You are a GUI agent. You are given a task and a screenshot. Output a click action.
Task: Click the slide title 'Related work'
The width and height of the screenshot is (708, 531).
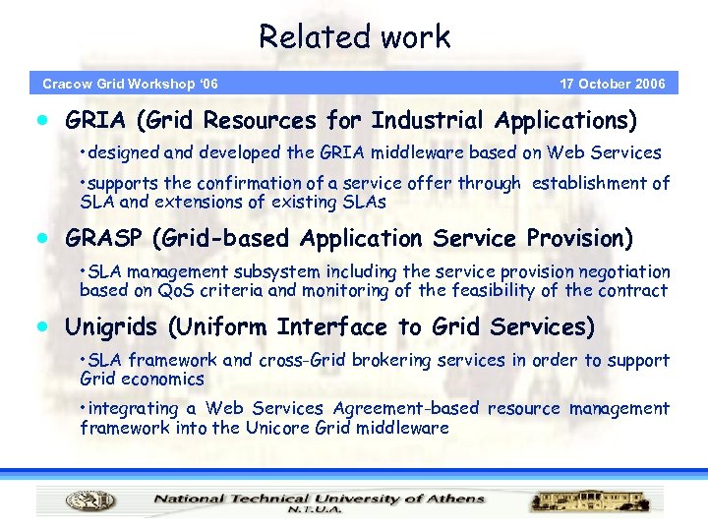(354, 37)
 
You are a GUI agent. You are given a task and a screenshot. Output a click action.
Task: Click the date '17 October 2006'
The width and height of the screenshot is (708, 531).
(612, 84)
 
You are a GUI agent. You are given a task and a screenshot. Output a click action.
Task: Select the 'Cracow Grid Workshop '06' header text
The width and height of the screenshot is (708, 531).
(130, 84)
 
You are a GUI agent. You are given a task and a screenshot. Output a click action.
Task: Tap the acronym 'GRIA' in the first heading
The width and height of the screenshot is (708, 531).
(96, 121)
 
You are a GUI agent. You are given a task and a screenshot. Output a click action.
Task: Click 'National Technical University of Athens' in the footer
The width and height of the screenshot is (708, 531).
(319, 498)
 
